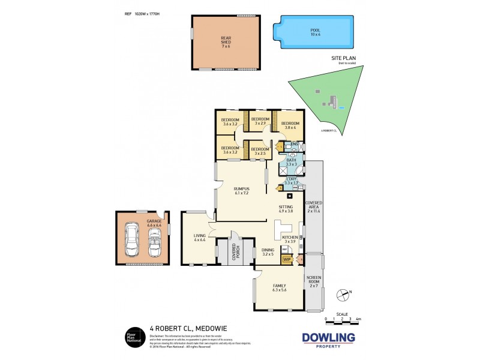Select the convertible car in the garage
tap(155, 241)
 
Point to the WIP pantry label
tap(286, 259)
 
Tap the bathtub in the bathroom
tap(298, 169)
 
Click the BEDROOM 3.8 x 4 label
tap(290, 125)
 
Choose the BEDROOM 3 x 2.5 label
tap(259, 151)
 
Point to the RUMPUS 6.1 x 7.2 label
tap(242, 191)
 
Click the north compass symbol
tap(343, 293)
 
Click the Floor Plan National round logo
tap(133, 337)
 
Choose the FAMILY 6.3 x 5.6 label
tap(279, 287)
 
